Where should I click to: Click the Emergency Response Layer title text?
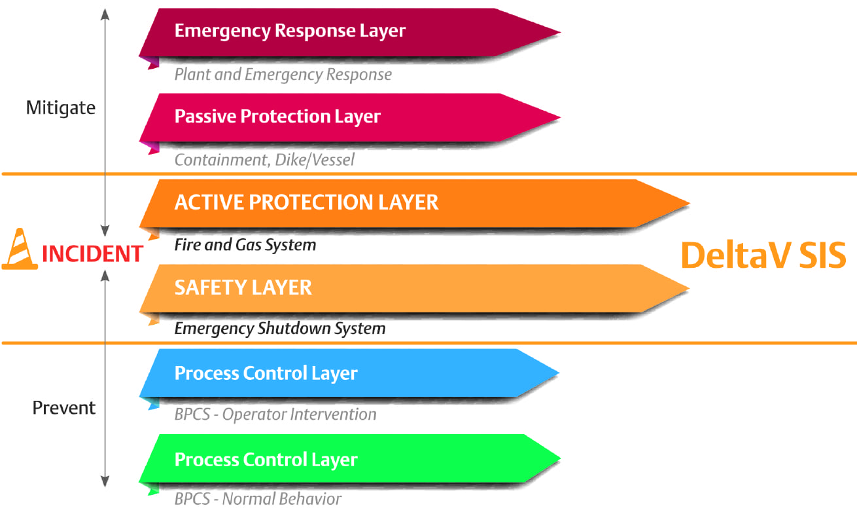(x=290, y=31)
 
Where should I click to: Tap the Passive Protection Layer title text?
(x=277, y=117)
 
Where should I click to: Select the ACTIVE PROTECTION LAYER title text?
(x=306, y=202)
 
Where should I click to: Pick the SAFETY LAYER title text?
(x=243, y=287)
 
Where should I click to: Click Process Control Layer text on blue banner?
(x=266, y=373)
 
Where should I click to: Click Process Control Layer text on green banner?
(x=266, y=460)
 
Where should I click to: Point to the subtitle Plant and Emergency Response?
(x=283, y=75)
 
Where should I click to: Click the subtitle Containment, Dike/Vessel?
(x=264, y=160)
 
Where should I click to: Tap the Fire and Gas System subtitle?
(x=245, y=245)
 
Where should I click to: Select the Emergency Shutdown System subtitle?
(x=280, y=329)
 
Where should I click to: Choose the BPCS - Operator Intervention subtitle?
(x=275, y=415)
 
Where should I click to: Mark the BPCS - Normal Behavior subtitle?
(x=258, y=499)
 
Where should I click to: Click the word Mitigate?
(x=61, y=108)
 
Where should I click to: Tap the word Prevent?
(x=64, y=407)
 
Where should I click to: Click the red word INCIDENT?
(x=93, y=253)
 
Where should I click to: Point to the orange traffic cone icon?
(x=20, y=249)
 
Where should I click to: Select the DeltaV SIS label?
(x=763, y=255)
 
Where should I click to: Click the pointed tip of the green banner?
(x=560, y=458)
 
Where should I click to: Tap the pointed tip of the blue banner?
(x=559, y=372)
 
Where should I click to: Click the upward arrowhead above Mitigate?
(x=105, y=14)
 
